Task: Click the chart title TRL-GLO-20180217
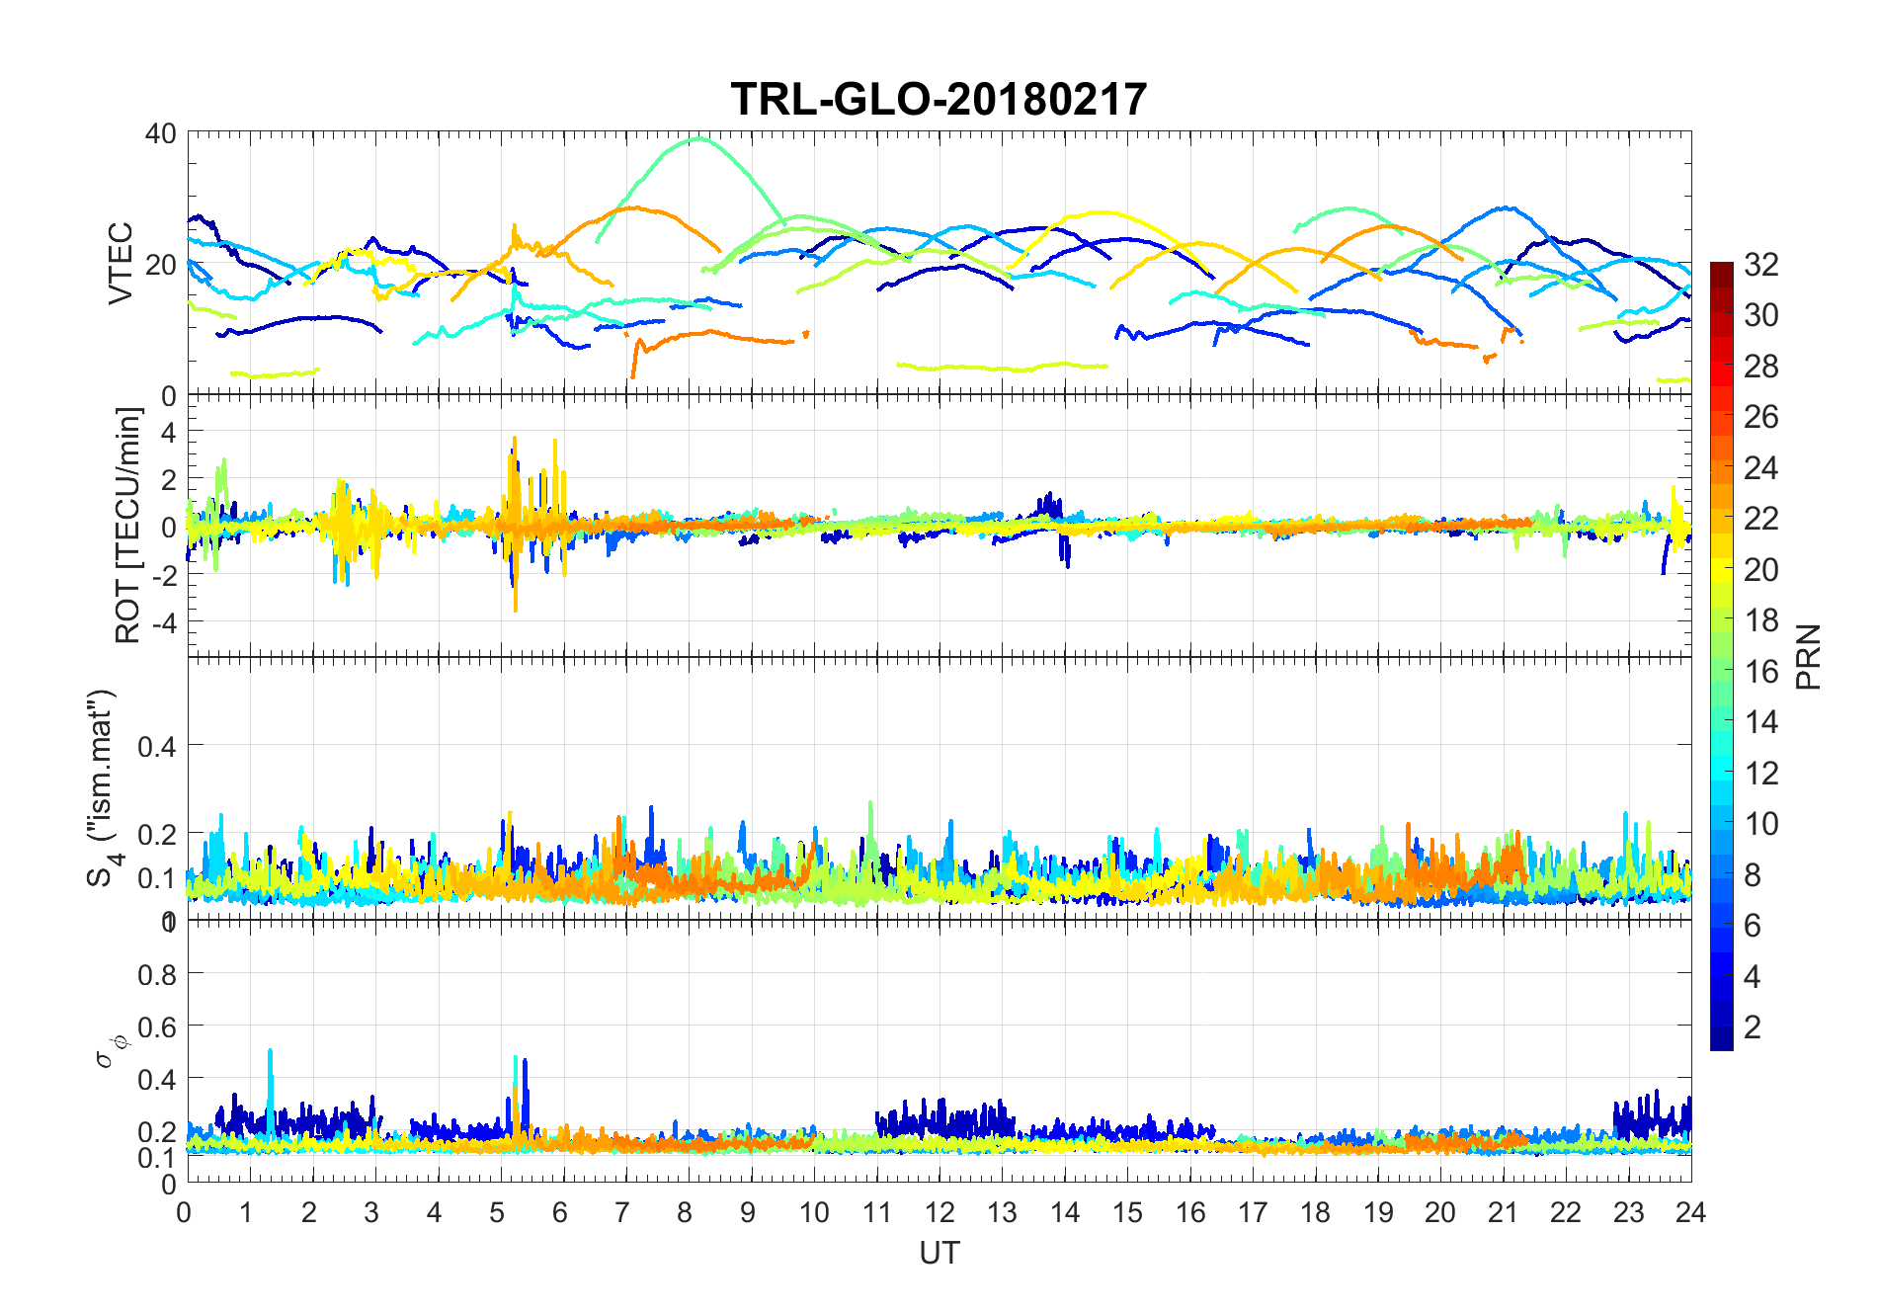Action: tap(939, 99)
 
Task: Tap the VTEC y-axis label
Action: tap(120, 263)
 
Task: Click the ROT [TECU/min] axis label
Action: tap(128, 525)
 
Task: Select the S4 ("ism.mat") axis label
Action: tap(103, 787)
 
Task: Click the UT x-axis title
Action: tap(939, 1253)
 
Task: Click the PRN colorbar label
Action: tap(1809, 656)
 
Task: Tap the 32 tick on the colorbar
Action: tap(1760, 264)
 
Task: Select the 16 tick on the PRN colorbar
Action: tap(1760, 671)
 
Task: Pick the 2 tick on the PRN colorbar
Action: tap(1753, 1027)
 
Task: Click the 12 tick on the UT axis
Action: tap(939, 1212)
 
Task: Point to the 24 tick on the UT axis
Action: tap(1690, 1212)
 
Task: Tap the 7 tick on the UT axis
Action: tap(621, 1212)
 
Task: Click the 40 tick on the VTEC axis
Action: tap(160, 133)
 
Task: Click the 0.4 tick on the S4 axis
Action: tap(157, 746)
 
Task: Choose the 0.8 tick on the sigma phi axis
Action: tap(157, 974)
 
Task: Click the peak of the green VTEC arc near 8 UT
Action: tap(699, 138)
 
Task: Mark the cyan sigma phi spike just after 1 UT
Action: tap(270, 1053)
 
